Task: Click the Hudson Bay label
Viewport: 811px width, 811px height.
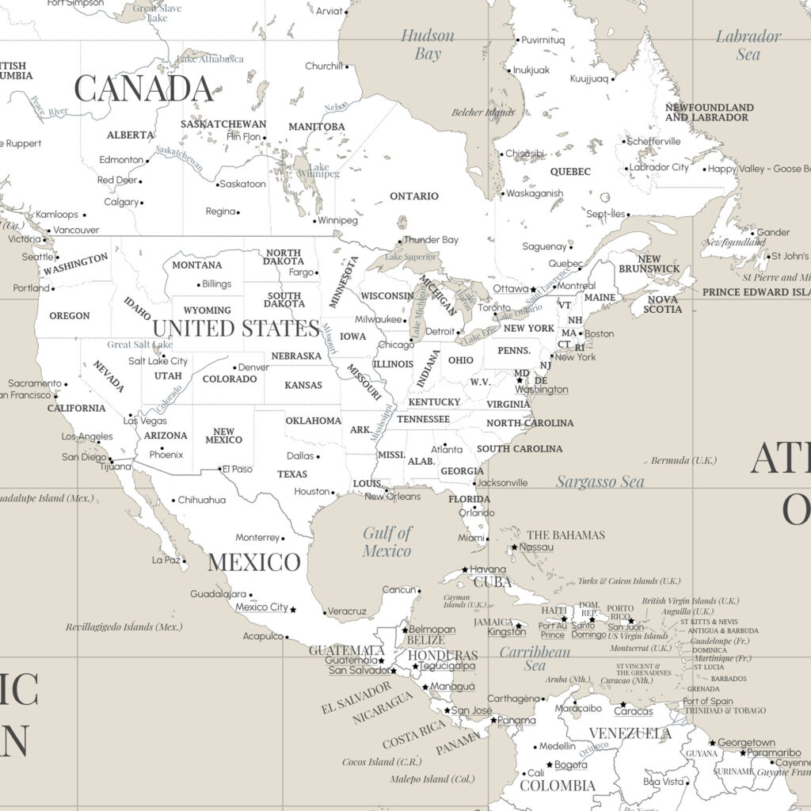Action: click(x=428, y=44)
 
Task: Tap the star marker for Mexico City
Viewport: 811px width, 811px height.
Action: click(x=293, y=609)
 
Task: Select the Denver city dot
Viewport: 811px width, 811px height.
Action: click(x=234, y=367)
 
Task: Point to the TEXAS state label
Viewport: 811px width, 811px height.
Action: click(x=292, y=474)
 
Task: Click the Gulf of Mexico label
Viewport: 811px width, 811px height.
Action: click(x=387, y=542)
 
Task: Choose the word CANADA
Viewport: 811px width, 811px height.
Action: click(x=143, y=89)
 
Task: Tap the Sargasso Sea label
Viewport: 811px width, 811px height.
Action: click(x=600, y=482)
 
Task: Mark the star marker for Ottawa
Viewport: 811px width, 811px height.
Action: click(x=534, y=289)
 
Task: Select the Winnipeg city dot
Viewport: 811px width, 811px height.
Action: click(x=314, y=220)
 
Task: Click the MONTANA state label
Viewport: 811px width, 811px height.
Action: click(x=197, y=265)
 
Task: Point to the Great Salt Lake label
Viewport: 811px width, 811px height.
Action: click(x=140, y=345)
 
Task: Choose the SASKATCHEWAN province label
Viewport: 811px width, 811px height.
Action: click(x=223, y=124)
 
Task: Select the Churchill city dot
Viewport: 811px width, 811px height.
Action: click(x=347, y=67)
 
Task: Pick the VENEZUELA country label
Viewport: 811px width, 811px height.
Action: click(x=630, y=733)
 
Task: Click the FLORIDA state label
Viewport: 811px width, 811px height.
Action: click(x=469, y=499)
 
